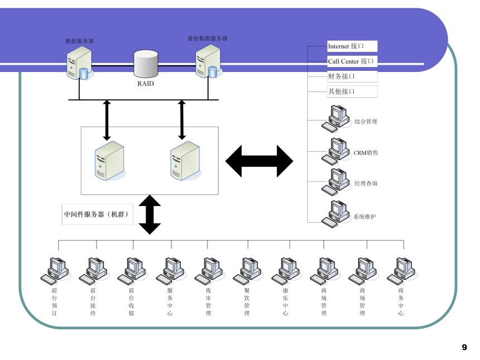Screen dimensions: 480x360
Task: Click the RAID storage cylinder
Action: pos(146,64)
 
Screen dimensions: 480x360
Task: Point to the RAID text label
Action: pos(146,84)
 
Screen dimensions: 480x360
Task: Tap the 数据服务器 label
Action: pos(80,41)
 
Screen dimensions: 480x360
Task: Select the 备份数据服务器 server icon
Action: pos(209,61)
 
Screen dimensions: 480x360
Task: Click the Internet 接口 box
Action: pos(352,46)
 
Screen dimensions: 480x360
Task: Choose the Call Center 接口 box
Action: pos(352,61)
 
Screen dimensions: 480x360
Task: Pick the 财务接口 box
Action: pos(352,76)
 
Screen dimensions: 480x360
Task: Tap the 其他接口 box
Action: pos(352,92)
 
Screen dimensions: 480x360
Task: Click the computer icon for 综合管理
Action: pos(336,119)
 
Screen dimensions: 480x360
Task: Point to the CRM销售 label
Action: pos(366,153)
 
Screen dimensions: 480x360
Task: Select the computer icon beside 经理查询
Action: pos(336,182)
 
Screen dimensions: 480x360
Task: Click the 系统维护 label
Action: pos(364,217)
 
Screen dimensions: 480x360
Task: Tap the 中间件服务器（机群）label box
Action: pos(97,214)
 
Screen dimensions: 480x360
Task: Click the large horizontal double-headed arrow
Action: pos(260,161)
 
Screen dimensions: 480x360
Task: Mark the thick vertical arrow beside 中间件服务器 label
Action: pos(150,214)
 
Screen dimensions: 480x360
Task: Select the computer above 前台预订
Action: pos(55,271)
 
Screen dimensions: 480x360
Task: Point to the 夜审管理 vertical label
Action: pos(209,301)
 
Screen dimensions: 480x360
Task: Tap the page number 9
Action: pos(464,347)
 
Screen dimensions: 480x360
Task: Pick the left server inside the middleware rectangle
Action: pos(109,161)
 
